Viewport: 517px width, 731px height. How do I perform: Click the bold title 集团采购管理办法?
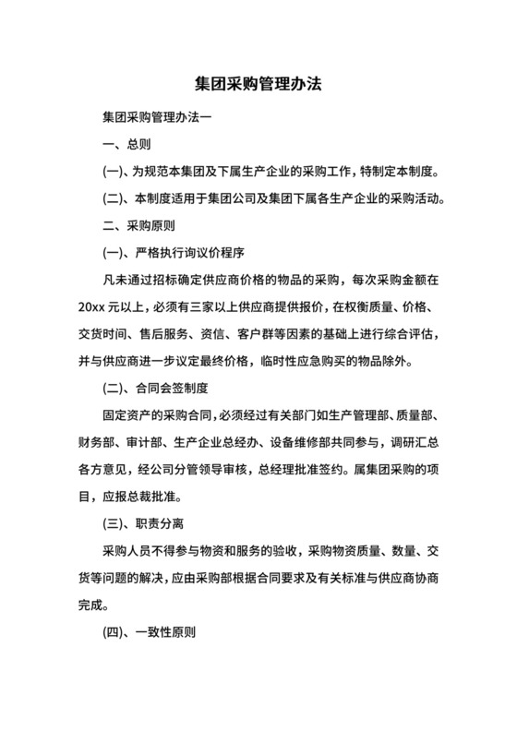point(258,83)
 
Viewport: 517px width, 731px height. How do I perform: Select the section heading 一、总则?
point(126,145)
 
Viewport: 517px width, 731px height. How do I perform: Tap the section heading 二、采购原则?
point(138,224)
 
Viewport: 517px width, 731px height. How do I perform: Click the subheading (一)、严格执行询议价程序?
point(173,251)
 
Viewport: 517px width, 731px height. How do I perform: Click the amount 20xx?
point(94,306)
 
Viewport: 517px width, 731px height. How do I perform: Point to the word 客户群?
point(283,332)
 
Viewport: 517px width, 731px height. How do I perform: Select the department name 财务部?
point(99,442)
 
